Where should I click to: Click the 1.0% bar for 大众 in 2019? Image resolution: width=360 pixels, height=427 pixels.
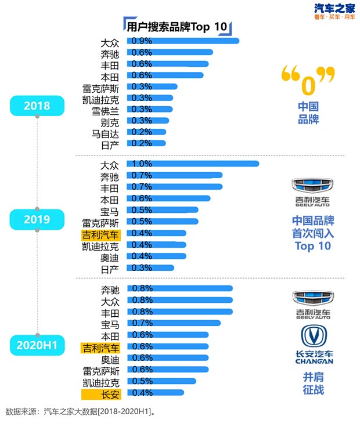pyautogui.click(x=195, y=164)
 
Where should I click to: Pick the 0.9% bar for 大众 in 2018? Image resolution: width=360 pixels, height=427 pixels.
pyautogui.click(x=185, y=41)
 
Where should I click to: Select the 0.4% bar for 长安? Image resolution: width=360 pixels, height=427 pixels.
pyautogui.click(x=157, y=393)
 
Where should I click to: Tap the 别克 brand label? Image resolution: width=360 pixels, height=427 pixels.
pyautogui.click(x=110, y=121)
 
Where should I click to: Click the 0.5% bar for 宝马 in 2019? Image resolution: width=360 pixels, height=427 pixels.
pyautogui.click(x=164, y=210)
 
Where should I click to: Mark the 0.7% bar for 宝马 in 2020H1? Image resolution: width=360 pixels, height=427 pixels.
pyautogui.click(x=175, y=323)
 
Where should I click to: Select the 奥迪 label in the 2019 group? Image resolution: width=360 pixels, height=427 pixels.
pyautogui.click(x=110, y=256)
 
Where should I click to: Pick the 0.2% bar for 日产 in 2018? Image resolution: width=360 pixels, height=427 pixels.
pyautogui.click(x=149, y=143)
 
